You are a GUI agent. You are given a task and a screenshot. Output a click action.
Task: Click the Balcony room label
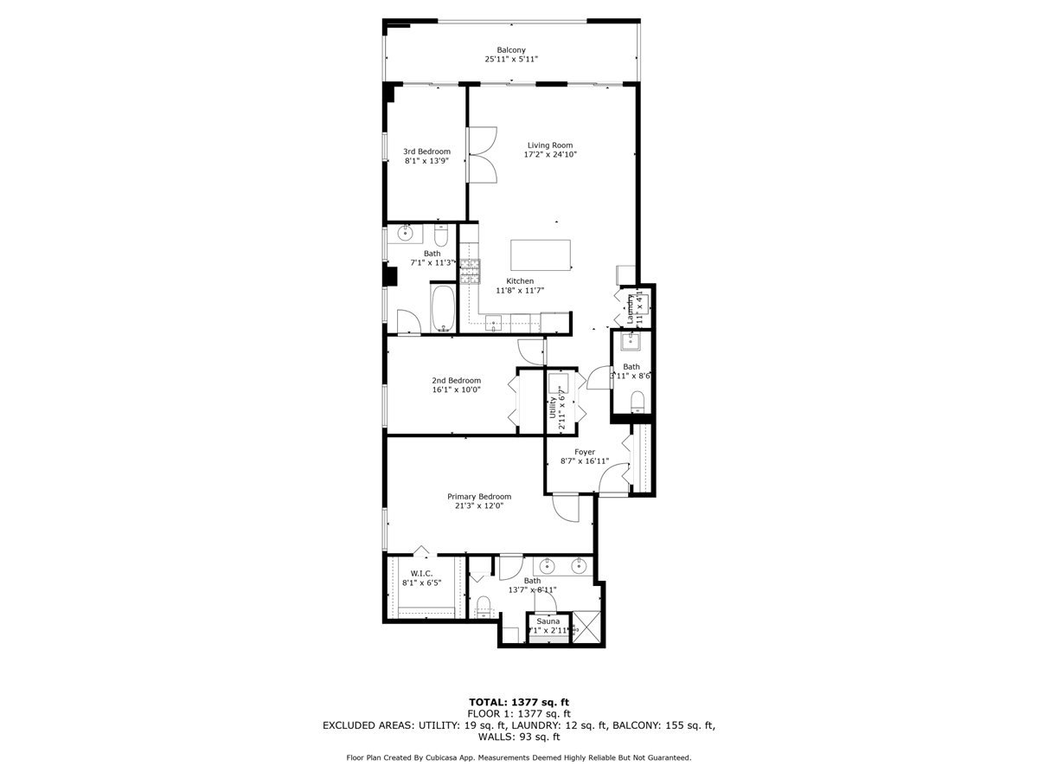[x=510, y=49]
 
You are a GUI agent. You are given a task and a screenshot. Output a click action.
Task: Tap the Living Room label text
[x=550, y=145]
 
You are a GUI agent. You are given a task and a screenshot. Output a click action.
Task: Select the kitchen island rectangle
[x=541, y=255]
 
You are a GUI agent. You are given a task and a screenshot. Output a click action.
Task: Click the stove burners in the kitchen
[x=470, y=273]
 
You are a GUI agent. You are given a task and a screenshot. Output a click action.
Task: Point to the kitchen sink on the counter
[x=494, y=324]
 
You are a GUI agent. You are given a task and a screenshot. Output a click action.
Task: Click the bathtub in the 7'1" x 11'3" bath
[x=443, y=309]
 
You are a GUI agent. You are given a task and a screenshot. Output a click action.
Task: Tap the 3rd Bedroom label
[x=426, y=151]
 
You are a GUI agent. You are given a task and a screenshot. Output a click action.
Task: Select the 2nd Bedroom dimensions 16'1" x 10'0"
[x=456, y=389]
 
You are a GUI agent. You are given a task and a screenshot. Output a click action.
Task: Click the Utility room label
[x=553, y=406]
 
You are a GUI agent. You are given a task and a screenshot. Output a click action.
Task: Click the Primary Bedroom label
[x=478, y=497]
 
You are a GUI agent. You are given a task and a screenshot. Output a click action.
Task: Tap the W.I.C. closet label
[x=421, y=573]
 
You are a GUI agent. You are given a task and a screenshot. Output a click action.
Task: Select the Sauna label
[x=548, y=621]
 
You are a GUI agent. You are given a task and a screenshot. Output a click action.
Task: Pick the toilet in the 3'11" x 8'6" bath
[x=638, y=401]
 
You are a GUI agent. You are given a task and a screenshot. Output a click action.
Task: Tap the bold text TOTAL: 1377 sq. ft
[x=518, y=702]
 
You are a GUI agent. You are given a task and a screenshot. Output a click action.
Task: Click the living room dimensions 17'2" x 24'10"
[x=550, y=155]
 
